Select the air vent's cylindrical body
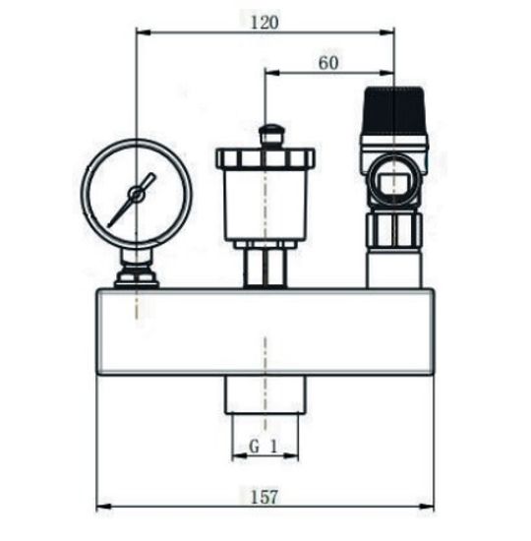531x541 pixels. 265,208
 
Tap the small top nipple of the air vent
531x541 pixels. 266,132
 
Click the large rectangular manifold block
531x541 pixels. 265,331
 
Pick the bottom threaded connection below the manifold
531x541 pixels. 265,396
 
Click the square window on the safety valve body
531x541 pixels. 391,183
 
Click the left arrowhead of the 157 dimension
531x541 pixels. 101,508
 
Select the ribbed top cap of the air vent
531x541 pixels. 265,157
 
